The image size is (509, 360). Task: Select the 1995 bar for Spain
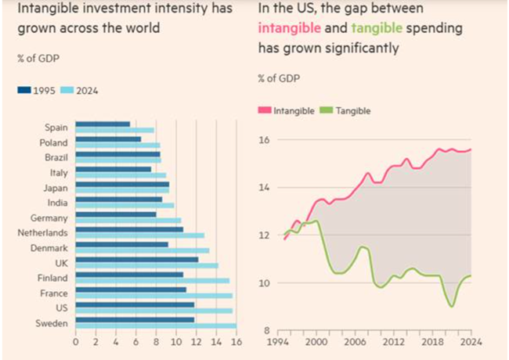pos(103,124)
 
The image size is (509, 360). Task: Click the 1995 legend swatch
pos(24,91)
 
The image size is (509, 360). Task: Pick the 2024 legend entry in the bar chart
pos(87,91)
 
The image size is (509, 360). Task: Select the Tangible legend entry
pos(348,111)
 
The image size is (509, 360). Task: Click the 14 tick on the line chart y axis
pos(264,188)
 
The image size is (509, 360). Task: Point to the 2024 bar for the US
pos(153,311)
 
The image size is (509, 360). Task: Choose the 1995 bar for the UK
pos(137,259)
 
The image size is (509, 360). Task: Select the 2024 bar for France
pos(153,296)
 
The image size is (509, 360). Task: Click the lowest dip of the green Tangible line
pos(452,306)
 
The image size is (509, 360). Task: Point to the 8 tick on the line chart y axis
pos(266,330)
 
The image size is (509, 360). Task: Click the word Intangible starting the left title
pos(45,9)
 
